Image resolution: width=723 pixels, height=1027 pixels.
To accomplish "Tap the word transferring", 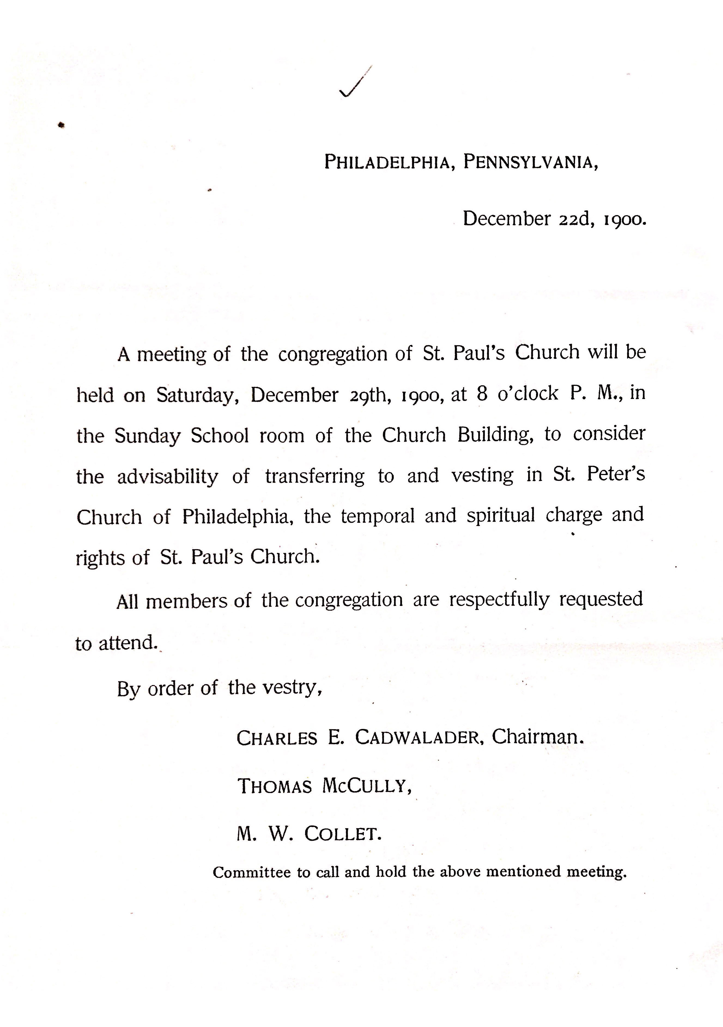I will point(315,476).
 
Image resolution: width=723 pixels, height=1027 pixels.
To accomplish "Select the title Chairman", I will point(538,737).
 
